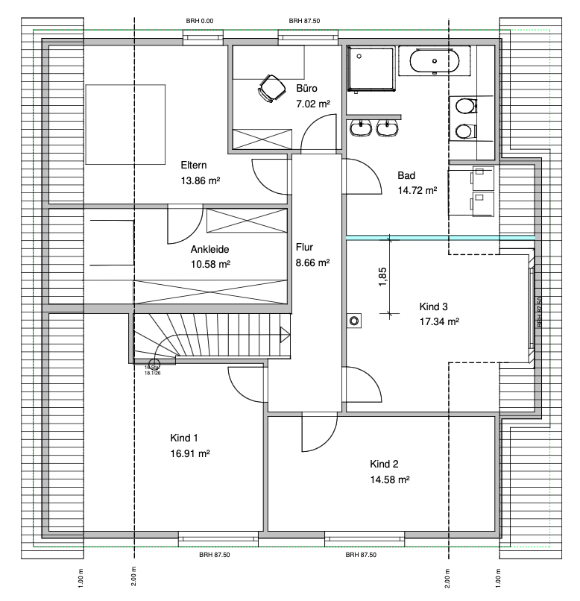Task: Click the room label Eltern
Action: pos(193,166)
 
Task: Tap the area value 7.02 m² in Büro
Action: pos(313,105)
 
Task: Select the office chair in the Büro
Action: pos(271,89)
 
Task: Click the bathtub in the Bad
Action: pos(433,62)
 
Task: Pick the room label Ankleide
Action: pos(209,250)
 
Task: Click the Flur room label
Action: pos(303,247)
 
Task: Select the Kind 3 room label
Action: pos(434,306)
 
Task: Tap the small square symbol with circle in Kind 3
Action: pos(354,321)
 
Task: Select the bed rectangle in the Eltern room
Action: pos(125,125)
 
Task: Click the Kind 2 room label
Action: pos(385,463)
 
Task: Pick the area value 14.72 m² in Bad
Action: pos(417,190)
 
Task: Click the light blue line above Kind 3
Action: pos(440,238)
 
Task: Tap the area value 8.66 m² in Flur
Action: pos(312,262)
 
